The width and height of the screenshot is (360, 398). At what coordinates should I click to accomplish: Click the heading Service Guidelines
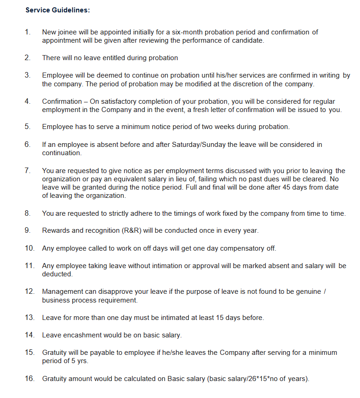(x=57, y=10)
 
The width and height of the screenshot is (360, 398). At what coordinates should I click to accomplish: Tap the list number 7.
(x=28, y=171)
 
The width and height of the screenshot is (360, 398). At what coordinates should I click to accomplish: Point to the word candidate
(x=248, y=40)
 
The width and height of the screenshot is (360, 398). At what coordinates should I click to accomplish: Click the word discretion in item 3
(x=258, y=84)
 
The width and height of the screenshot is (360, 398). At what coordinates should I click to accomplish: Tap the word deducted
(x=57, y=274)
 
